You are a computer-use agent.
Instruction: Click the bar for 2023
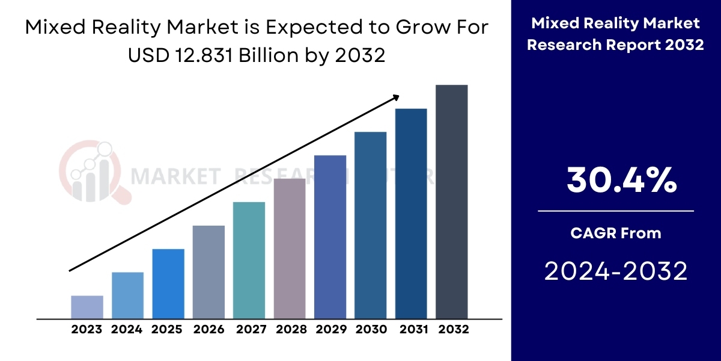(87, 307)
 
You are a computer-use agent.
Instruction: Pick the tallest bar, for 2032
(451, 202)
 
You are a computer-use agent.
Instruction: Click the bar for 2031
(411, 214)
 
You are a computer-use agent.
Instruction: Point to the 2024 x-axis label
(127, 330)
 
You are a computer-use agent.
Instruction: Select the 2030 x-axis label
(371, 330)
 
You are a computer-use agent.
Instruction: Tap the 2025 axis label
(167, 330)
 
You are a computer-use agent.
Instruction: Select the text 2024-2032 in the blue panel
(616, 271)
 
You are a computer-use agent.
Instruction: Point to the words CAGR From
(616, 233)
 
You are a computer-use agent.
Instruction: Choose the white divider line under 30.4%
(616, 211)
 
